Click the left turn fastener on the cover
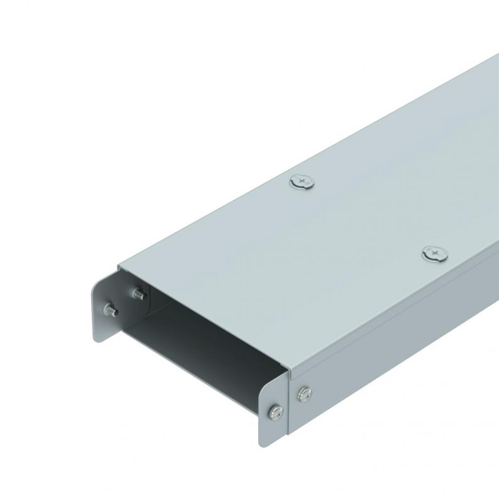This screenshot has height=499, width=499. click(x=302, y=183)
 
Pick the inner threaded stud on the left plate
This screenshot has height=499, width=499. click(x=137, y=292)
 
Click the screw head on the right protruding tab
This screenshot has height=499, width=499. click(x=276, y=412)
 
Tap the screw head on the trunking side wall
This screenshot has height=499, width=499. click(x=304, y=394)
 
